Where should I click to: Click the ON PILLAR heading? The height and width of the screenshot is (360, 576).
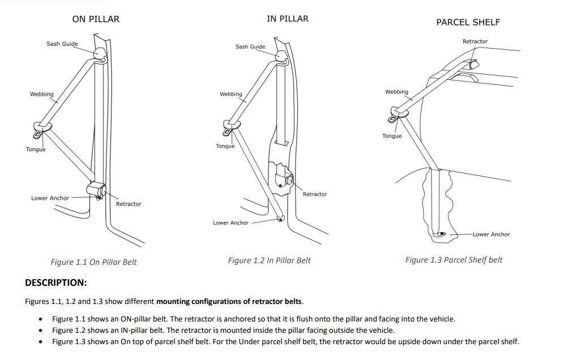[x=96, y=19]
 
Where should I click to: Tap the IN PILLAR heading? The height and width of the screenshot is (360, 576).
[x=287, y=19]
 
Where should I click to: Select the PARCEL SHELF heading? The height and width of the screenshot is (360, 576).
[x=468, y=22]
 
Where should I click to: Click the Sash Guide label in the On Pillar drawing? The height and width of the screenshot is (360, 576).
[x=62, y=44]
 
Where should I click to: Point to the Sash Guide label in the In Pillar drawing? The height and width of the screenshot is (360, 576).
[x=250, y=46]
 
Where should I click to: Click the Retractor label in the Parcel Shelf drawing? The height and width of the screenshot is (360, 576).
[x=475, y=41]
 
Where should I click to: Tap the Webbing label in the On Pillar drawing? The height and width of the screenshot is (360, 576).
[x=41, y=94]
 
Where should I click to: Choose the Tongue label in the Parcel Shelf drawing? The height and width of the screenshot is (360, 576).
[x=391, y=136]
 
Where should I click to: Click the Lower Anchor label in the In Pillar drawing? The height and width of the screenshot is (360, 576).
[x=231, y=222]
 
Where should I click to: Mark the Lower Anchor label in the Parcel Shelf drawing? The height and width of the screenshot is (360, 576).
[x=491, y=234]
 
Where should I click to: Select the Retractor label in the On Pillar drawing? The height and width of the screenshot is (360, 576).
[x=129, y=204]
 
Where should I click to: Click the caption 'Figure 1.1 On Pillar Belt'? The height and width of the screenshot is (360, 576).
[x=93, y=262]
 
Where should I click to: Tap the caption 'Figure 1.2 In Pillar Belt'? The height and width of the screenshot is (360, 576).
[x=269, y=260]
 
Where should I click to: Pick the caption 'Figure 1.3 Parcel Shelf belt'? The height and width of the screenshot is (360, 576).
[x=454, y=260]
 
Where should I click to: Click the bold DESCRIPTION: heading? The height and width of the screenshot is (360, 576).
[x=56, y=282]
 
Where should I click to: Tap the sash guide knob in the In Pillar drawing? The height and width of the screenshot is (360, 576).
[x=281, y=55]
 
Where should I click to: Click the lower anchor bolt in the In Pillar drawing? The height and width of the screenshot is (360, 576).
[x=280, y=218]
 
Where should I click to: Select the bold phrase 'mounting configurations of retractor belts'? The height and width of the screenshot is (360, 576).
[x=229, y=301]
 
